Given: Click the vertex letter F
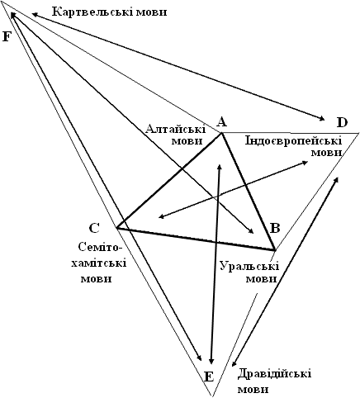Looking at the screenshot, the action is point(7,36).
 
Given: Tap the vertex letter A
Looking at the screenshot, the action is point(221,121).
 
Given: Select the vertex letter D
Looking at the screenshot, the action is point(343,122).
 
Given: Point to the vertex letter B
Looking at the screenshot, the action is point(275,228).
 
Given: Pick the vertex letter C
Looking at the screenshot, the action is point(94,228).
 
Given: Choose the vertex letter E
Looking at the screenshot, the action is point(209,377).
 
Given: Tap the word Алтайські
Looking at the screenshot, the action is point(176,129).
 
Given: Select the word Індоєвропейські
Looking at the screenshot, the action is point(293,141).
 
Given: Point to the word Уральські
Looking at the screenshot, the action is point(249,267).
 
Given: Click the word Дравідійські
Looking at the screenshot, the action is point(274,375).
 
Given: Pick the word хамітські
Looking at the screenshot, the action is point(99,263).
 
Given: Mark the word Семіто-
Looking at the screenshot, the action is point(100,247).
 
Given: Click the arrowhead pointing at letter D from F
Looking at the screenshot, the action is point(322,119).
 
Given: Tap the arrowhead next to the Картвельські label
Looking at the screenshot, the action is point(34,14).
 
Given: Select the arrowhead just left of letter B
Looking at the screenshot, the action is point(250,230).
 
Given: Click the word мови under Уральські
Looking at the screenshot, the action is point(261,279).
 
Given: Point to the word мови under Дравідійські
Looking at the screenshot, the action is point(253,390).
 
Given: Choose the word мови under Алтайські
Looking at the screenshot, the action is point(187,141).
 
